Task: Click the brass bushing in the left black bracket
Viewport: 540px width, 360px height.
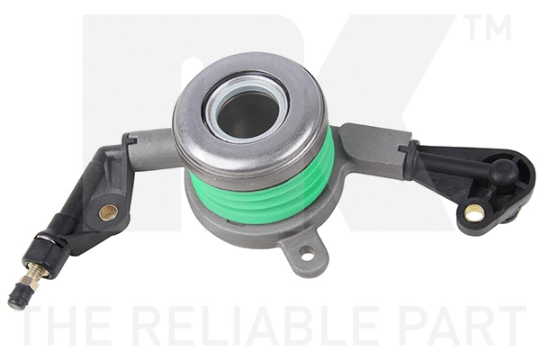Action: [x=110, y=212]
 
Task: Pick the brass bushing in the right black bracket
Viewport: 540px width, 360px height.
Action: [x=474, y=213]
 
